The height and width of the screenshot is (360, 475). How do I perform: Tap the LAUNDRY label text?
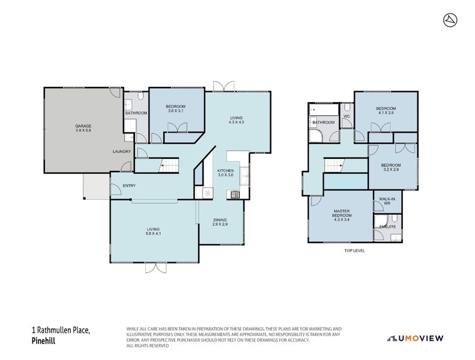121,151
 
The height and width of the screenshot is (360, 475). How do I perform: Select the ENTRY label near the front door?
129,185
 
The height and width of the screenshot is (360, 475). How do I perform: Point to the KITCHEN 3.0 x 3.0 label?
225,173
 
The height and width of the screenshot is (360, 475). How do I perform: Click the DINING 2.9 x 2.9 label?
220,222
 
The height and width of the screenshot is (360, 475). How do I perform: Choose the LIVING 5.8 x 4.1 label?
154,231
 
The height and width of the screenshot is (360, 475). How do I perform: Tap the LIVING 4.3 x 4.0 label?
237,119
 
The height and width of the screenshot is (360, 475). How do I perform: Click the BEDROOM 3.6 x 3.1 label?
176,109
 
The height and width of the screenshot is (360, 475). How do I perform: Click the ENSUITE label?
387,227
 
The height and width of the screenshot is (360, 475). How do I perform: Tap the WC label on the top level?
346,116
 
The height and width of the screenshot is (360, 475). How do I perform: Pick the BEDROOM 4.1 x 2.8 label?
386,110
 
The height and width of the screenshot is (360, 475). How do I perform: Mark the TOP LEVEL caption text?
354,250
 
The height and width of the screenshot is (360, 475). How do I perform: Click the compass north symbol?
449,20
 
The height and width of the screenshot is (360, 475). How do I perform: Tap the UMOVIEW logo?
415,338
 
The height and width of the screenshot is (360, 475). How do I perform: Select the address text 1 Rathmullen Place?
60,331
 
